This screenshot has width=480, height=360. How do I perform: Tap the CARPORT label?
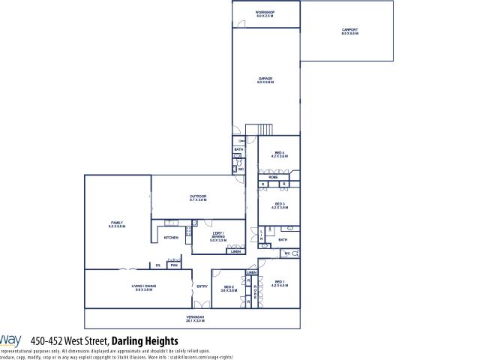coord(350,31)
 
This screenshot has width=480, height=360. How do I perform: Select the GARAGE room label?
coord(265,79)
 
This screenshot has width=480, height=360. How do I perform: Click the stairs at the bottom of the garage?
coord(259,129)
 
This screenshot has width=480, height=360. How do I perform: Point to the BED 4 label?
coord(278,155)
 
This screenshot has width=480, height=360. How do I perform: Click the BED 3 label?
coord(278,205)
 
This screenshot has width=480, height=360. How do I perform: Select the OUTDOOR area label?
coord(198,198)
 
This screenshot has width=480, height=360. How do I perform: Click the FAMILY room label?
coord(118,224)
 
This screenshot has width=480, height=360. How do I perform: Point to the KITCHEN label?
coord(170,238)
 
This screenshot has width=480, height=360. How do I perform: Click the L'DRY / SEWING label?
coord(217,238)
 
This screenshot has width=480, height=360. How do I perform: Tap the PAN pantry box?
coord(173,265)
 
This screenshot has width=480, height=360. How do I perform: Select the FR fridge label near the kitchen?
coord(157,265)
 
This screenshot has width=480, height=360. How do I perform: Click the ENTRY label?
coord(202,286)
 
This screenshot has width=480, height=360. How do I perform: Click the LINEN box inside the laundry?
coord(235,252)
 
